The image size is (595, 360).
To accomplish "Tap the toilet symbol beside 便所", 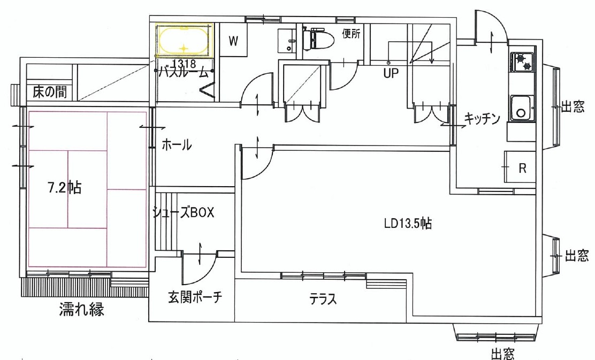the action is click(318, 38).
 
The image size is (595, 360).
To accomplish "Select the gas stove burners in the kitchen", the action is click(523, 62).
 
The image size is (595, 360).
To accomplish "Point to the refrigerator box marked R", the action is click(520, 167).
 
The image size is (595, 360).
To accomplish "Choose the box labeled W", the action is click(233, 40).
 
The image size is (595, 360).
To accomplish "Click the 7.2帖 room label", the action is click(65, 187).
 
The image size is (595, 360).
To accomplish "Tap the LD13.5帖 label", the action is click(408, 223).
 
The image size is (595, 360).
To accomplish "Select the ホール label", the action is click(177, 144).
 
